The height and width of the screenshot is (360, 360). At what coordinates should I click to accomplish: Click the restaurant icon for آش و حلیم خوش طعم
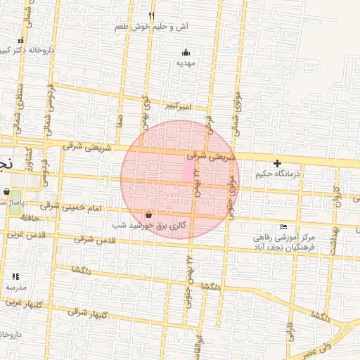[x=151, y=15]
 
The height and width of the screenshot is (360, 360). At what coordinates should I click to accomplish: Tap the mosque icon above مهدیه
[x=186, y=51]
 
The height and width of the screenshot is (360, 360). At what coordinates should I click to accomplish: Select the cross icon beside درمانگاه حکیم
[x=277, y=163]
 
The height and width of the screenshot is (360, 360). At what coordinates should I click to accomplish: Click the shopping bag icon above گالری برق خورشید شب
[x=148, y=214]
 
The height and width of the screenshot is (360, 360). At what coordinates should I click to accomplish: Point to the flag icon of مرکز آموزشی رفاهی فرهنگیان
[x=283, y=226]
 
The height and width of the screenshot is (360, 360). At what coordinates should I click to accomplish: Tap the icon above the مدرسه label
[x=15, y=277]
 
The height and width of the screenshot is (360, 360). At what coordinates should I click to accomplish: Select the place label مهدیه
[x=185, y=63]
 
